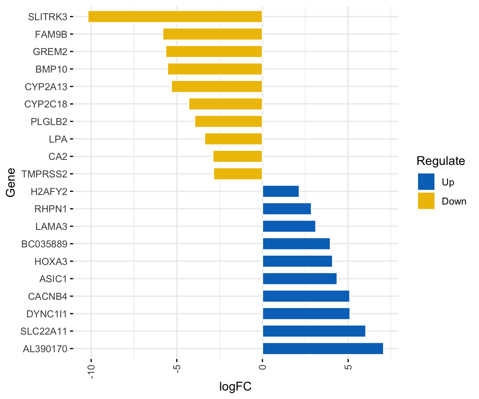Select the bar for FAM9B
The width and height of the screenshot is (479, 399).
tap(213, 34)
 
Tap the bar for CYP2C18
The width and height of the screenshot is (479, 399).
tap(226, 104)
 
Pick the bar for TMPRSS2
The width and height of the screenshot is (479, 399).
tap(238, 174)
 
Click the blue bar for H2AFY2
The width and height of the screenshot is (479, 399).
tap(281, 191)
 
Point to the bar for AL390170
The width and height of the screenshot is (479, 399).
tap(323, 349)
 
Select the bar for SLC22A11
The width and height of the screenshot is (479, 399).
tap(314, 331)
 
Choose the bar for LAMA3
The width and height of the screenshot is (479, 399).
tap(289, 226)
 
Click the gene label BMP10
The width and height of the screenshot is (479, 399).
tap(51, 69)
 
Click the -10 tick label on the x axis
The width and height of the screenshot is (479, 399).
tap(91, 371)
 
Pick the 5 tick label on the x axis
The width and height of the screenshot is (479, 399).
tap(348, 367)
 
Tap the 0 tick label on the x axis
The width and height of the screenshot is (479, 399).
tap(262, 367)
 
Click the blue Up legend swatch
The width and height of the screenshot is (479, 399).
tap(426, 182)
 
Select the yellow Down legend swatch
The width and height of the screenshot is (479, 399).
tap(426, 201)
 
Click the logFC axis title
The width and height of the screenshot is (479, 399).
tap(235, 386)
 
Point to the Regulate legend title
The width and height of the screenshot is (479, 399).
tap(441, 161)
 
